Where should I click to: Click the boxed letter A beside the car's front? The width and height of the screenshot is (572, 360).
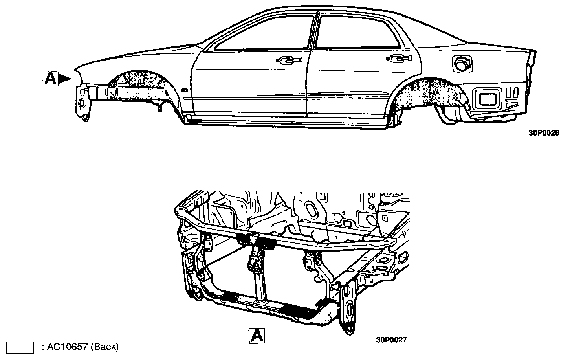(x=50, y=78)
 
